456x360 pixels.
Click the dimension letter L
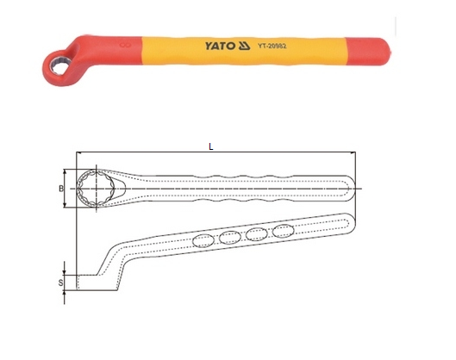[211, 146]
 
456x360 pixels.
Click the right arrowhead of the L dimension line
[353, 154]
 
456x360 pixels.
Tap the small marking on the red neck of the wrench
[128, 40]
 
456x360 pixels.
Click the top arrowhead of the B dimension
[68, 170]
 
